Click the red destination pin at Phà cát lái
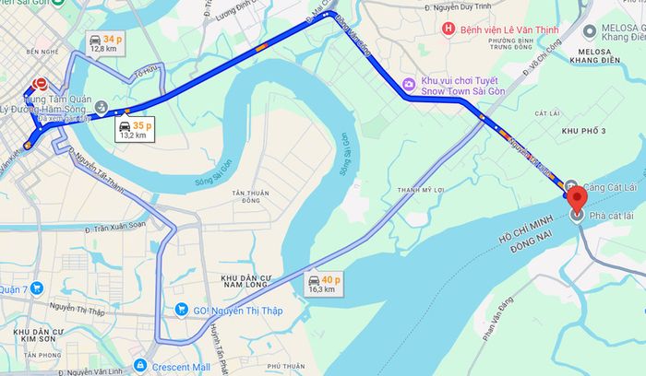pyautogui.click(x=578, y=197)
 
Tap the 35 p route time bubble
pyautogui.click(x=136, y=130)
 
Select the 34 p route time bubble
pyautogui.click(x=104, y=43)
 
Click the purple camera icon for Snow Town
pyautogui.click(x=408, y=85)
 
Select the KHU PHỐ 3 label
pyautogui.click(x=585, y=131)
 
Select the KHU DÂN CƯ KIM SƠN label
pyautogui.click(x=38, y=335)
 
